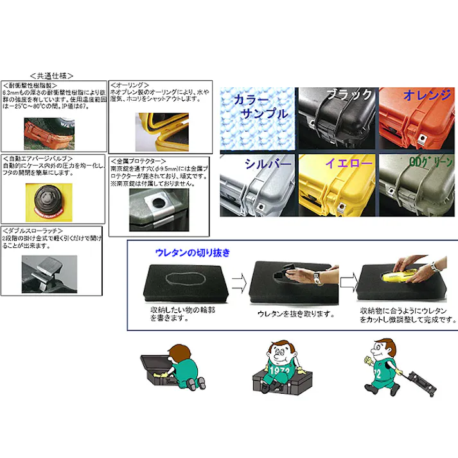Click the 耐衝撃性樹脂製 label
click(31, 84)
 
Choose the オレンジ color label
click(427, 95)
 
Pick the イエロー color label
click(349, 164)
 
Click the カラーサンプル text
click(260, 107)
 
